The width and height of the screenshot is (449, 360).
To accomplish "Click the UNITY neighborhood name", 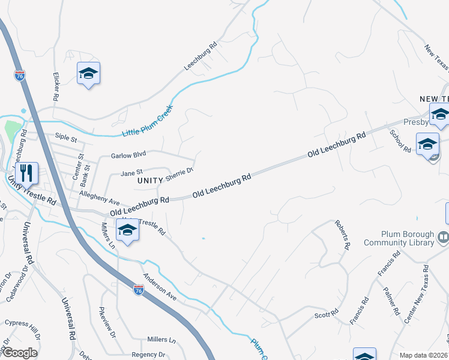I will pyautogui.click(x=150, y=180).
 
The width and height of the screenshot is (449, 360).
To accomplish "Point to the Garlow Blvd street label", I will pyautogui.click(x=128, y=155).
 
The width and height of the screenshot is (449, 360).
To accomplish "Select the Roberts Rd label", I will pyautogui.click(x=343, y=235).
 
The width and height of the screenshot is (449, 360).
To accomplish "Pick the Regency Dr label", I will pyautogui.click(x=148, y=355).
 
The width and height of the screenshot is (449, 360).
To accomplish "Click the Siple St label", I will pyautogui.click(x=66, y=139).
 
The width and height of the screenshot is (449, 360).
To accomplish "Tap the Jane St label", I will pyautogui.click(x=131, y=173).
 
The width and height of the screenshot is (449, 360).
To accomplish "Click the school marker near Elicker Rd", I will pyautogui.click(x=88, y=74).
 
